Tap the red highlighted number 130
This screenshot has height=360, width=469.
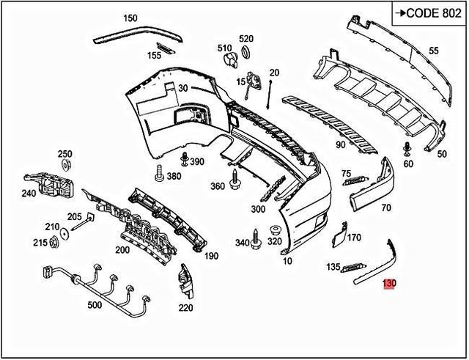coord(389,282)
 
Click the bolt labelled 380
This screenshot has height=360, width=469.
coord(158,173)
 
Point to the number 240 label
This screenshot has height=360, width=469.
coord(29,194)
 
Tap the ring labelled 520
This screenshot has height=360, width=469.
coord(246,51)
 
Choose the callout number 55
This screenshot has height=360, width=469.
coord(433,51)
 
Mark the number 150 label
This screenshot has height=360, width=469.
coord(130,18)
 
